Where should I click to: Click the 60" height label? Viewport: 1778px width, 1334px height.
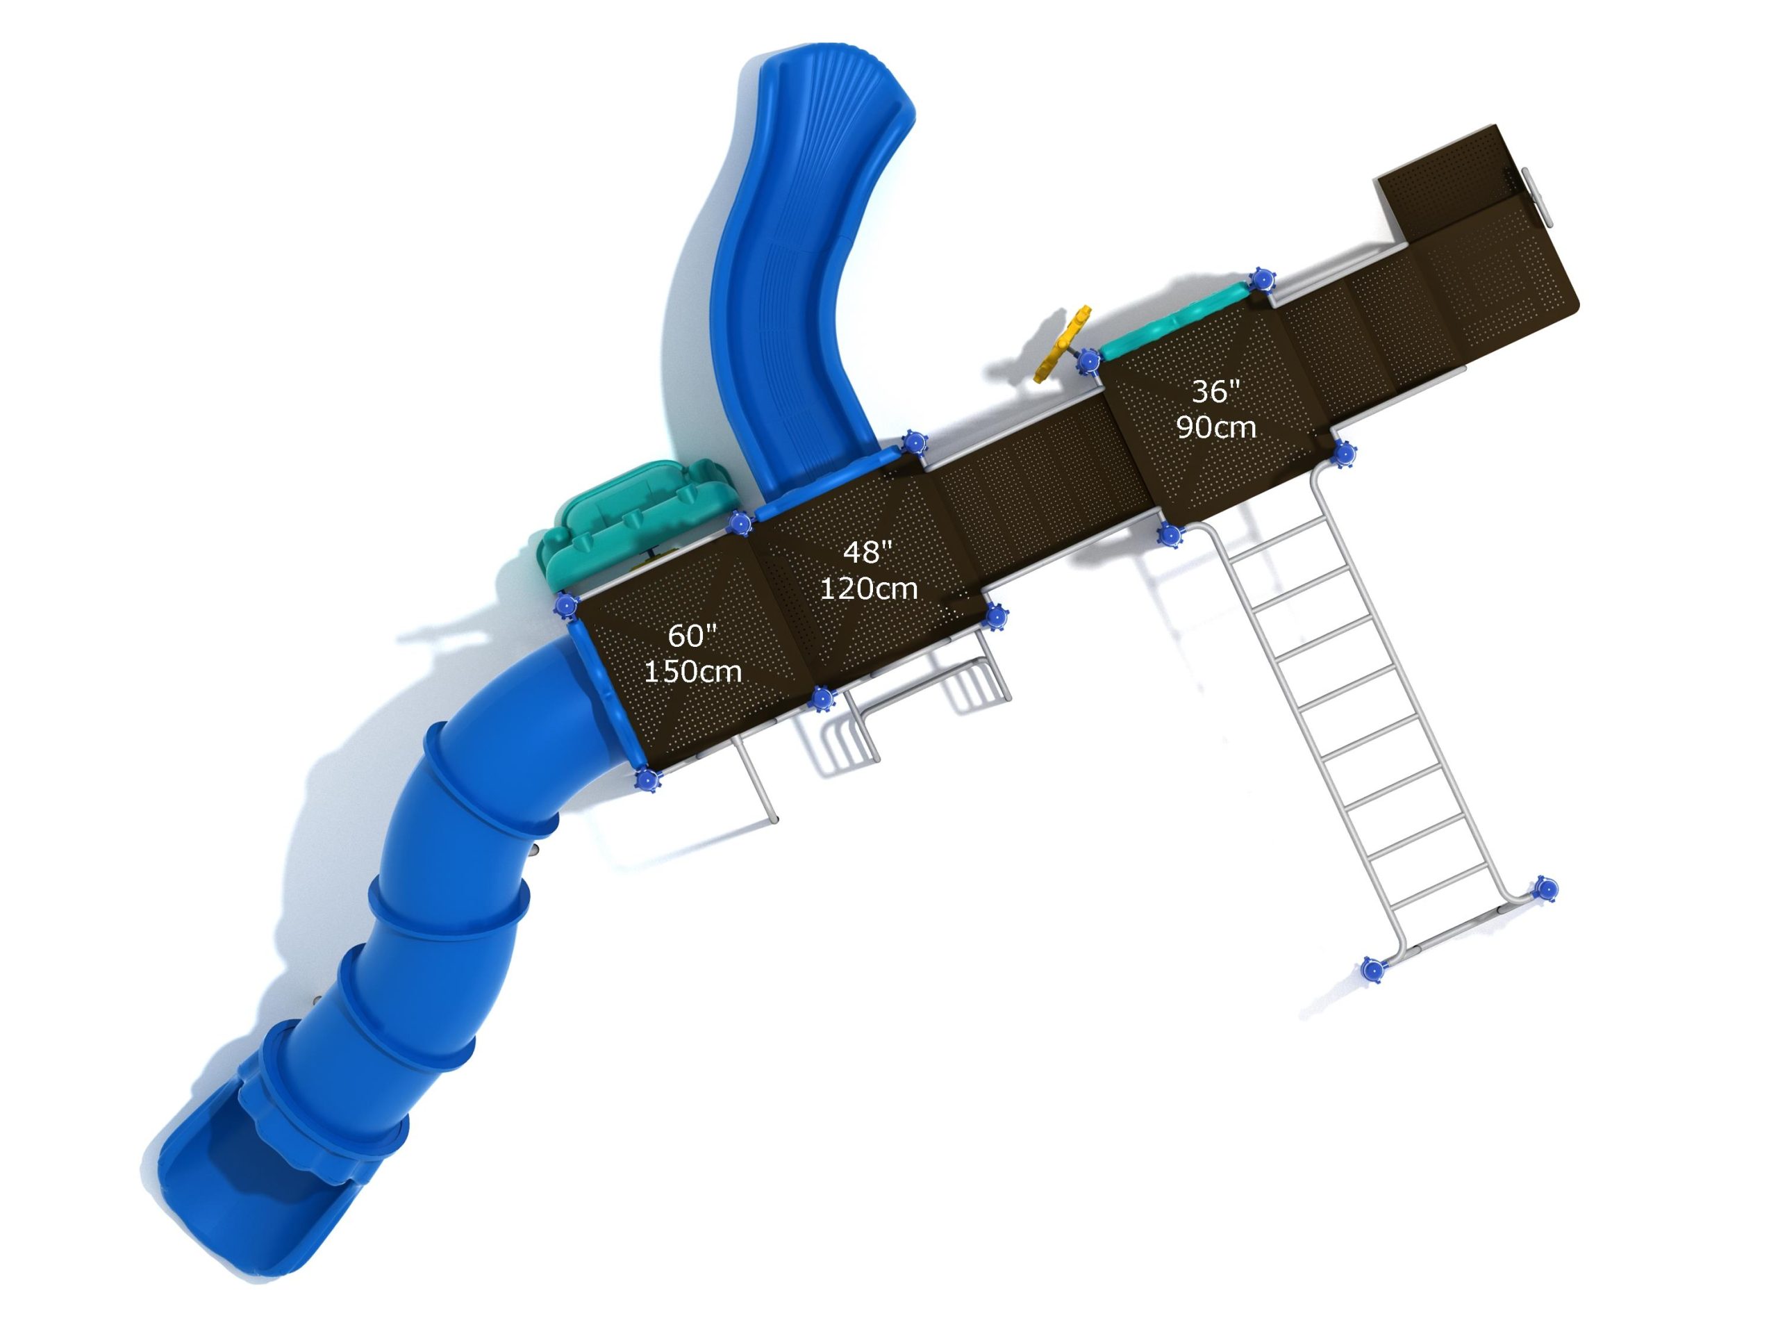click(692, 636)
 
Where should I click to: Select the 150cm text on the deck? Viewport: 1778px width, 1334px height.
click(693, 671)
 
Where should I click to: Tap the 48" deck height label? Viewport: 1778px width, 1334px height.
click(867, 552)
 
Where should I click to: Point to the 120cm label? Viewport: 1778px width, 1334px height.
click(868, 588)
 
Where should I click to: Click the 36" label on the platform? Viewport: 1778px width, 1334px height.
click(1215, 392)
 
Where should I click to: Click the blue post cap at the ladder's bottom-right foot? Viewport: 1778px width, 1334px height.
click(1545, 889)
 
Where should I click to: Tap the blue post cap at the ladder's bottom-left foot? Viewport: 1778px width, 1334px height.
click(1373, 969)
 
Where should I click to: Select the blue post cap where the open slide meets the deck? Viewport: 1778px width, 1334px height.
click(914, 443)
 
